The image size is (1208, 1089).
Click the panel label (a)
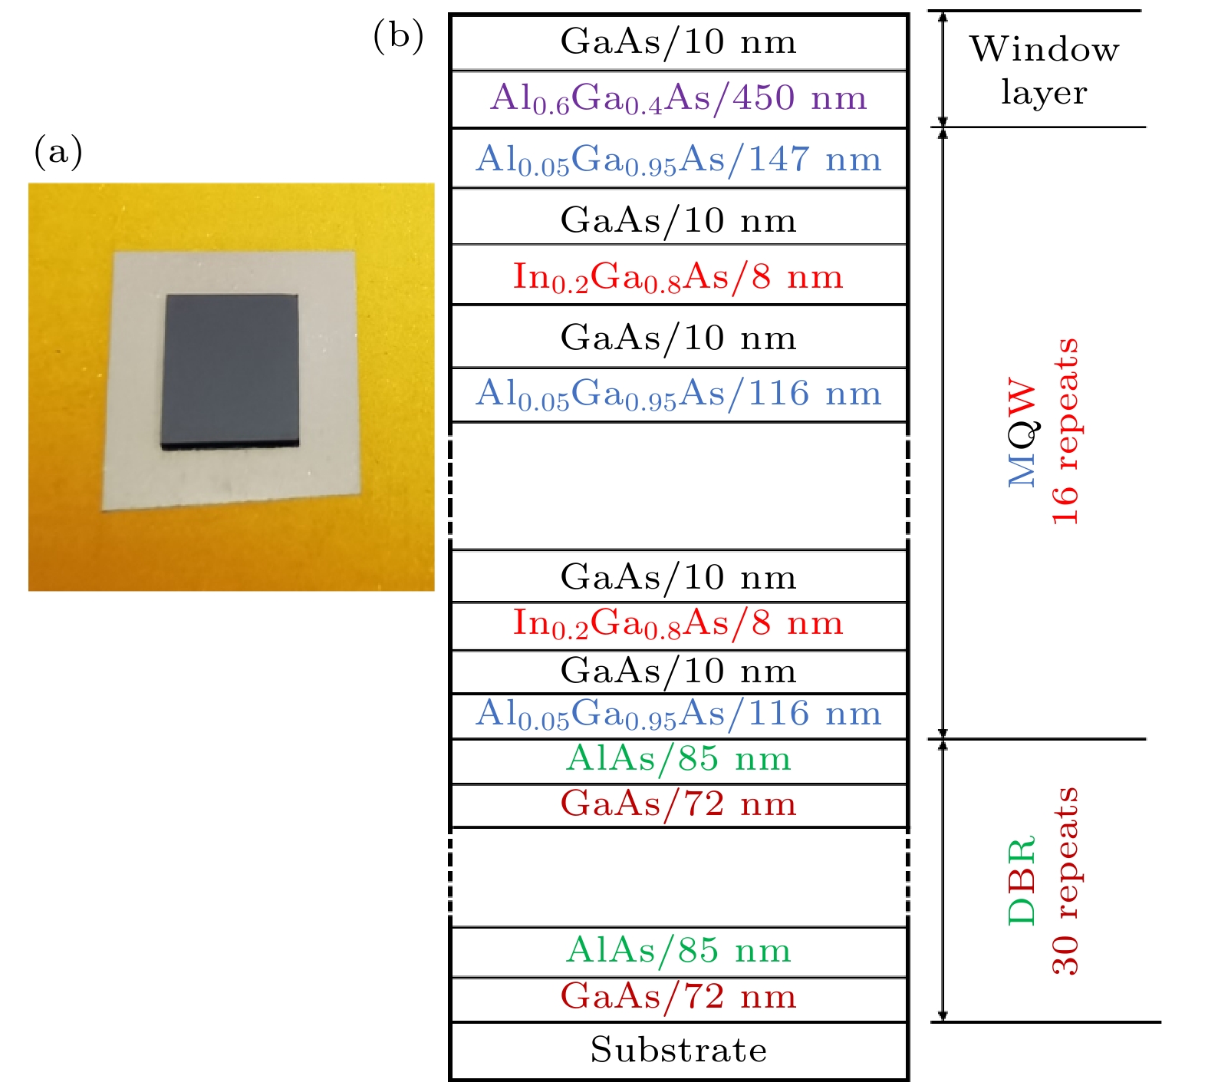58,151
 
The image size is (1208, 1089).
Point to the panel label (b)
398,36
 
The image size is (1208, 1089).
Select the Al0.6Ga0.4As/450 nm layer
679,99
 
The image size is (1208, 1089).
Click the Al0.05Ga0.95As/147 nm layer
679,159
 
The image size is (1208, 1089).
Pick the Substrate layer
679,1050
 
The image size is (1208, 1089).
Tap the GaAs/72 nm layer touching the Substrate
679,998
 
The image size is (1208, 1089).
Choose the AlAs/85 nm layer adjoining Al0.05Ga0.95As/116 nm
679,760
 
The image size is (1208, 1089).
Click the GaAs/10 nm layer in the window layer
679,42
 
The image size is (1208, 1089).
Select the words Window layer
1044,71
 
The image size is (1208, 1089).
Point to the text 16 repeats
1065,432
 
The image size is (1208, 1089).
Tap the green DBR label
1022,880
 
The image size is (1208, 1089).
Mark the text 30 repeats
1065,880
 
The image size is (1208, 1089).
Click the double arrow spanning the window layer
943,69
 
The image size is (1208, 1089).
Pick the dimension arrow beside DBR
943,880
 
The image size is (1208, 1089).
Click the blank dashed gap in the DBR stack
679,877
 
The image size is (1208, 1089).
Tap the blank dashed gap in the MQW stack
679,486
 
